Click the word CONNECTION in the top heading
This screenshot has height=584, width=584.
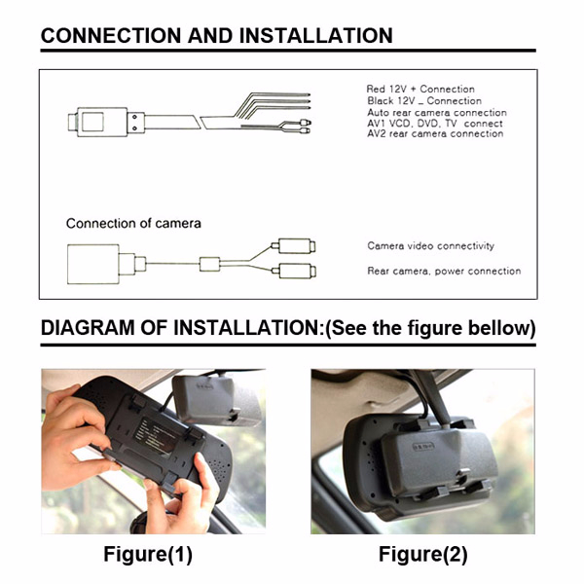point(111,36)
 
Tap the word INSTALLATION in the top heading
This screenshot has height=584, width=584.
point(315,36)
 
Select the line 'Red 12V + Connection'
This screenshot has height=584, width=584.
point(420,89)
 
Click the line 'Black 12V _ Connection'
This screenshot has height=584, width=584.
point(424,101)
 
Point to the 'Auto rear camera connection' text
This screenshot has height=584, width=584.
point(437,113)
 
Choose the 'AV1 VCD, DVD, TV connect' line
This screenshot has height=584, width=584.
point(435,124)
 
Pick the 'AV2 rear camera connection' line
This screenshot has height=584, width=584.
point(435,133)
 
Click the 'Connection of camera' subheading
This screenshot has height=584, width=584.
point(133,224)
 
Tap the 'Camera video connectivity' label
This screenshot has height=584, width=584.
point(430,246)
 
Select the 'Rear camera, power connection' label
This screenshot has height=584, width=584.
point(444,272)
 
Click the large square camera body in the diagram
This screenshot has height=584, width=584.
point(93,264)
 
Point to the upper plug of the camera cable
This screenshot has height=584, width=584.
point(294,246)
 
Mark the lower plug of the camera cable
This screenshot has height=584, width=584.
point(294,272)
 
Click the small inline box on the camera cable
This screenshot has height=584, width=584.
point(209,264)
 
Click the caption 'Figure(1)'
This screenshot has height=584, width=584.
point(148,554)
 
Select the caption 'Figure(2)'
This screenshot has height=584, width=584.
point(423,554)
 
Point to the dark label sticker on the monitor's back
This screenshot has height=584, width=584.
point(157,435)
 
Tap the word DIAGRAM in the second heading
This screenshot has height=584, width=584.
point(88,328)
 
